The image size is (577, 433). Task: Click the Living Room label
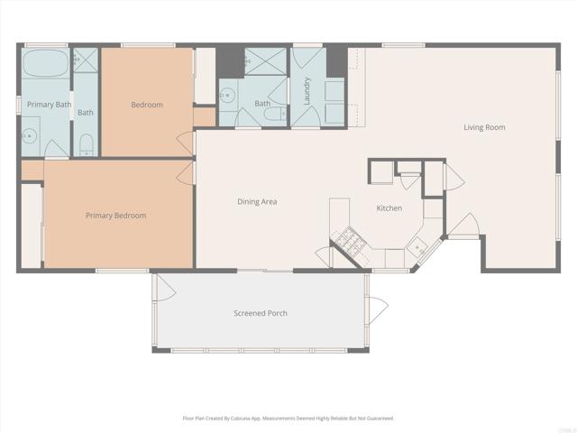coord(484,127)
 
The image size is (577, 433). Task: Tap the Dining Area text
coord(257,201)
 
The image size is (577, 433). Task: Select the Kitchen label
coord(389,208)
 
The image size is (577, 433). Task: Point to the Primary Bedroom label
coord(115,216)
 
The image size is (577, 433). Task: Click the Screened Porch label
coord(261,313)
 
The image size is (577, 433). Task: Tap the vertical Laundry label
coord(307,89)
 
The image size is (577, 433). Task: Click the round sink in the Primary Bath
coord(28,137)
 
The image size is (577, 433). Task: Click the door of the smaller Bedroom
coord(188,143)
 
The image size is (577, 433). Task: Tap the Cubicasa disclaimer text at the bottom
coord(288,418)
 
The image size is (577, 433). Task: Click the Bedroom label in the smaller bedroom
coord(147,105)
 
